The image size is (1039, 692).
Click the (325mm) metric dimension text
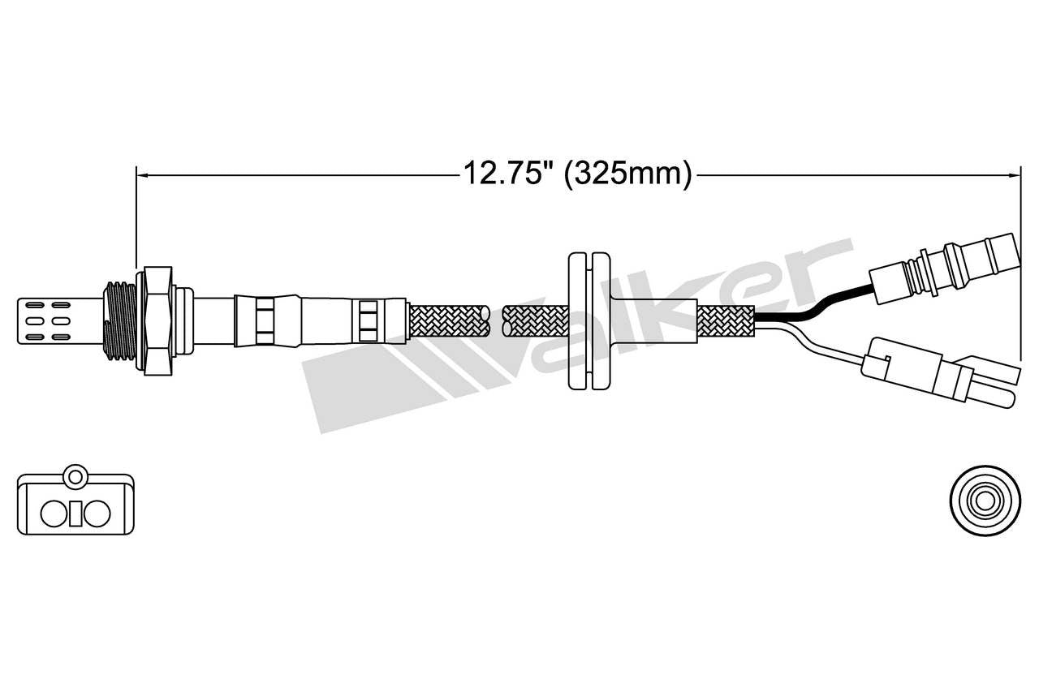pyautogui.click(x=627, y=173)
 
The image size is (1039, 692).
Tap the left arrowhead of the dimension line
pyautogui.click(x=142, y=173)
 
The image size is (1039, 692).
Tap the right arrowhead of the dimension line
pyautogui.click(x=1013, y=173)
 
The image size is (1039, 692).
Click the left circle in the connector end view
pyautogui.click(x=55, y=513)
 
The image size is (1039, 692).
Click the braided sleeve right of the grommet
pyautogui.click(x=726, y=322)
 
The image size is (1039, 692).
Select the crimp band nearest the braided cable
pyautogui.click(x=369, y=321)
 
